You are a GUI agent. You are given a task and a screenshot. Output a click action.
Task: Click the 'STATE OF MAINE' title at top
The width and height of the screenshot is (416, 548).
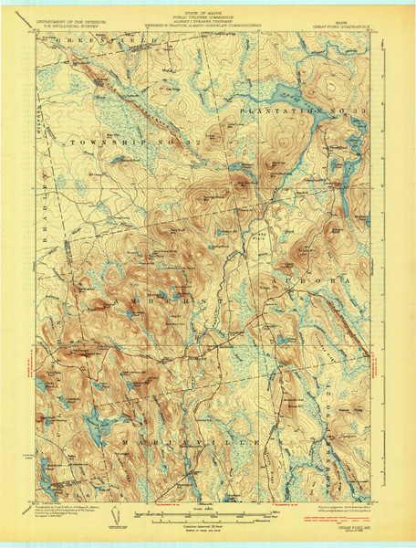click(x=209, y=7)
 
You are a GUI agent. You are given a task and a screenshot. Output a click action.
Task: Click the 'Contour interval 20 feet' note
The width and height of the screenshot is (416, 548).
click(x=208, y=528)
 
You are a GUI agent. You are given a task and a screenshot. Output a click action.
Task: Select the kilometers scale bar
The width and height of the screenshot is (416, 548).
click(x=208, y=522)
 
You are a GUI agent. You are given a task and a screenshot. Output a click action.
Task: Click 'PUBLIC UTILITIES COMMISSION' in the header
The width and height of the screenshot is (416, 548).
click(x=209, y=13)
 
